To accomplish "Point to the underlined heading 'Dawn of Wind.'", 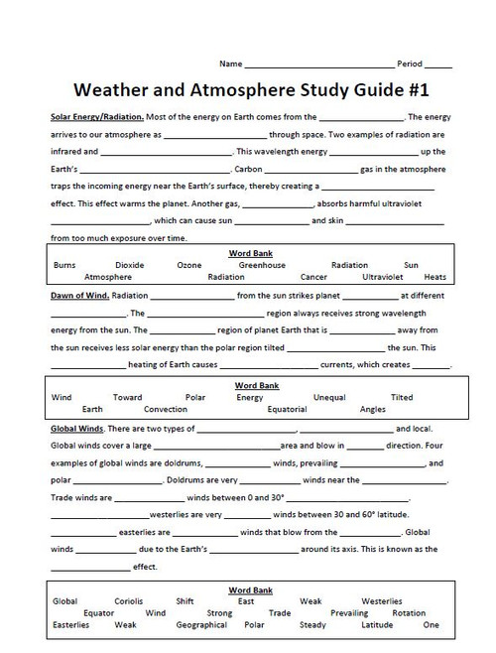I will pos(79,296).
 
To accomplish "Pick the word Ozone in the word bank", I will pos(189,265).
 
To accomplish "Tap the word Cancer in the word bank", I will pos(313,277).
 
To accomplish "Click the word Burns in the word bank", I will pos(64,265).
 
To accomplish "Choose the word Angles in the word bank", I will pos(373,408).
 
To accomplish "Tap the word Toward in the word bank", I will pos(127,397).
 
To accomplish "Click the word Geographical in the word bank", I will pos(201,625).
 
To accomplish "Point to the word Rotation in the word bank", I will pos(409,613).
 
